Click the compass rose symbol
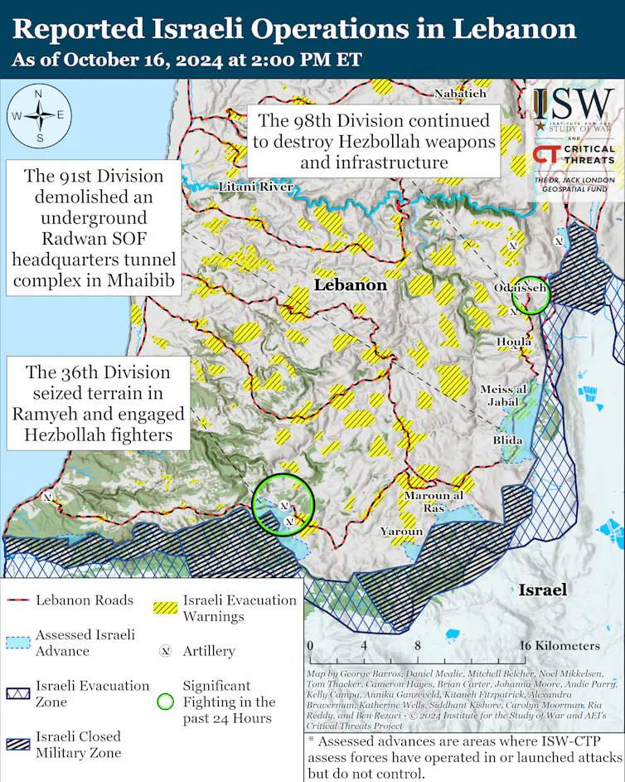pos(38,115)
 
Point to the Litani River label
pos(255,187)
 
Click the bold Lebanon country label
pos(351,284)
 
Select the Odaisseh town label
pos(520,287)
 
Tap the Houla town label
pos(514,342)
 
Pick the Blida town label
pos(507,440)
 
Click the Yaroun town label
pos(401,531)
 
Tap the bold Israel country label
pos(543,590)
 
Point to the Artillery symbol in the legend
pos(165,651)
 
